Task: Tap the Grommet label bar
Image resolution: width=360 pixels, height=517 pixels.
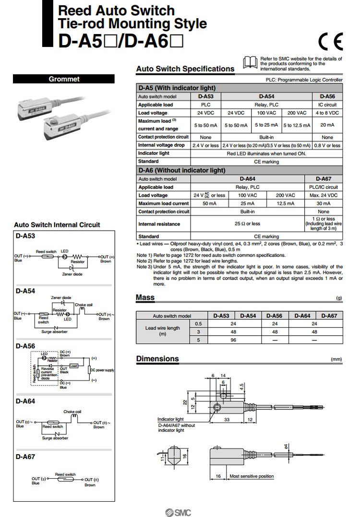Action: [64, 79]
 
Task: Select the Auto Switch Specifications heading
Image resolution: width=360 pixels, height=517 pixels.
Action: [185, 69]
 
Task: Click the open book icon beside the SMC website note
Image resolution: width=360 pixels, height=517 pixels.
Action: [251, 62]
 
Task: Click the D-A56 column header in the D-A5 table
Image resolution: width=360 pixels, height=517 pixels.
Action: [327, 96]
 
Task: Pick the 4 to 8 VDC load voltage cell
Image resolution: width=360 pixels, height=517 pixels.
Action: [327, 113]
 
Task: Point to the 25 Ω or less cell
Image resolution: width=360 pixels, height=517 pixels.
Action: [248, 223]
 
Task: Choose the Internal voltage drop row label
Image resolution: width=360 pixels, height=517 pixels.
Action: [161, 145]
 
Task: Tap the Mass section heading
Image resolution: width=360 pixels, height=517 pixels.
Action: [145, 297]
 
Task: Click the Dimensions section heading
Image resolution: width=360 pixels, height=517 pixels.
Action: [157, 359]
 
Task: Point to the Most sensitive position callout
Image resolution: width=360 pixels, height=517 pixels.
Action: [252, 476]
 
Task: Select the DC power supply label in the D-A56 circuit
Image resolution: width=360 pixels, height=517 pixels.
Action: [102, 370]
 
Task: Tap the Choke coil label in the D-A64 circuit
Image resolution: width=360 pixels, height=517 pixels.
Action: [72, 411]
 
